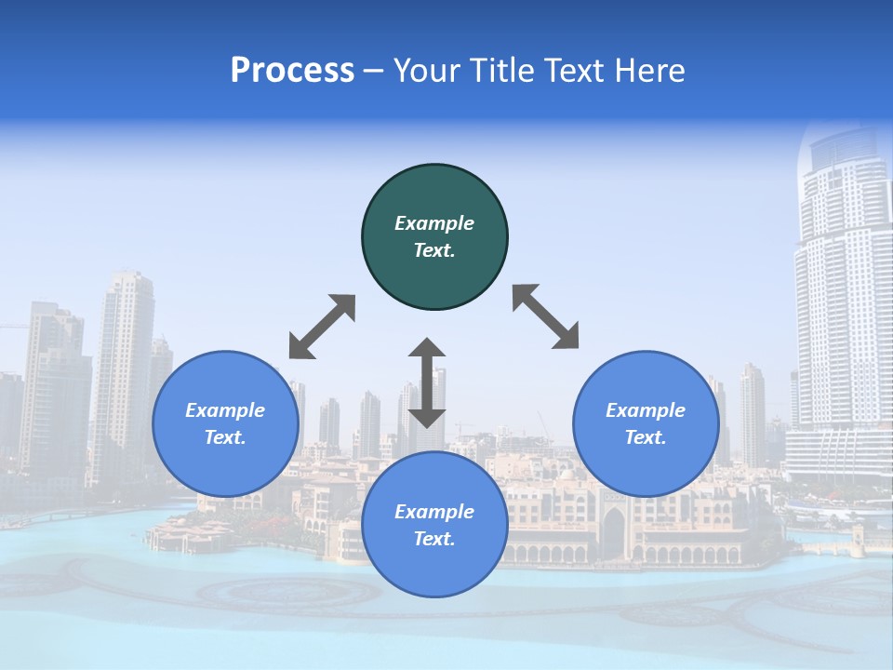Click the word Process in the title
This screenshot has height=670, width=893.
click(292, 71)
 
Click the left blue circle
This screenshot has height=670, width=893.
click(226, 465)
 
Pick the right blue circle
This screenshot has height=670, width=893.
click(646, 465)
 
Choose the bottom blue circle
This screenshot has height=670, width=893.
click(434, 568)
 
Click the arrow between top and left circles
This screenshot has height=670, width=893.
click(322, 327)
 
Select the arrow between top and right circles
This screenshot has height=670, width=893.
click(546, 317)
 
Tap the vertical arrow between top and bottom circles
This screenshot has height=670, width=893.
click(427, 383)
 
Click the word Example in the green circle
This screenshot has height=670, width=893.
click(434, 223)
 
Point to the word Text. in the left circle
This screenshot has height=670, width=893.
click(225, 437)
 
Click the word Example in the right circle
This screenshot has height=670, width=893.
click(646, 410)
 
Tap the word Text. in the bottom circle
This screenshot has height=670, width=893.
click(434, 539)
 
